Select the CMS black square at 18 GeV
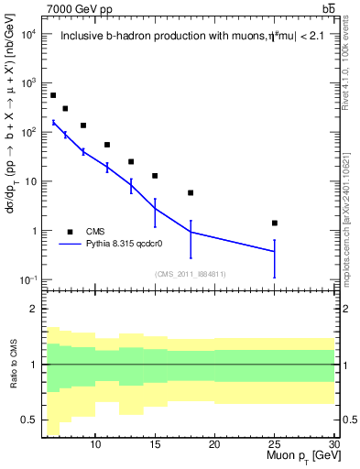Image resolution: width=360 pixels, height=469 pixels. click(x=191, y=192)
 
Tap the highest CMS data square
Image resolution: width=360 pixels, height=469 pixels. click(x=53, y=95)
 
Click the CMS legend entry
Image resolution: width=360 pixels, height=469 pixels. click(x=96, y=232)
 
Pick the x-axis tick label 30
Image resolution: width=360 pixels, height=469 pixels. click(x=333, y=442)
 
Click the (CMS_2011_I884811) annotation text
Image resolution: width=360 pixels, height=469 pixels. click(x=190, y=274)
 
